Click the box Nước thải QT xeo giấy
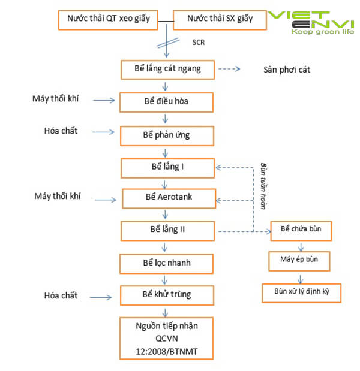pyautogui.click(x=108, y=19)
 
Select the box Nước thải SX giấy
pyautogui.click(x=219, y=19)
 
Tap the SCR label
pyautogui.click(x=199, y=43)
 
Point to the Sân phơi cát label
pyautogui.click(x=287, y=70)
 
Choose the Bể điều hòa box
pyautogui.click(x=166, y=101)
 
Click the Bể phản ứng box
pyautogui.click(x=166, y=135)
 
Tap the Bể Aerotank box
pyautogui.click(x=167, y=197)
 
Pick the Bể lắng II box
pyautogui.click(x=167, y=230)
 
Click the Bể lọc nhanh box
pyautogui.click(x=166, y=263)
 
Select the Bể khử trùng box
pyautogui.click(x=167, y=295)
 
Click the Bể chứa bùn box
pyautogui.click(x=301, y=230)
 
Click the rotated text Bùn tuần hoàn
pyautogui.click(x=263, y=186)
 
